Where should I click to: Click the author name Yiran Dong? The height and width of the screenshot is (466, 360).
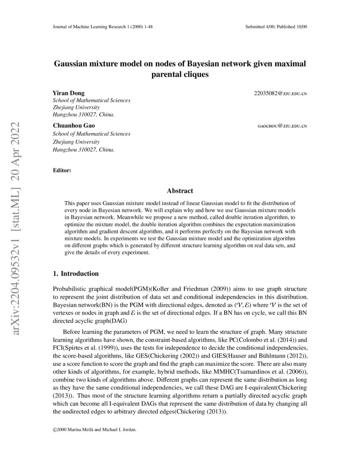click(x=68, y=93)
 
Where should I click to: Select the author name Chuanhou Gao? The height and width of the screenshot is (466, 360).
click(x=74, y=126)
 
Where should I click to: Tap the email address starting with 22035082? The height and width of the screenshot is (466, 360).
click(x=280, y=93)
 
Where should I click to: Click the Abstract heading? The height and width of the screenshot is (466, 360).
click(x=180, y=191)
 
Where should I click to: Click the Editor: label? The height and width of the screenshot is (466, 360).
click(x=62, y=170)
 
